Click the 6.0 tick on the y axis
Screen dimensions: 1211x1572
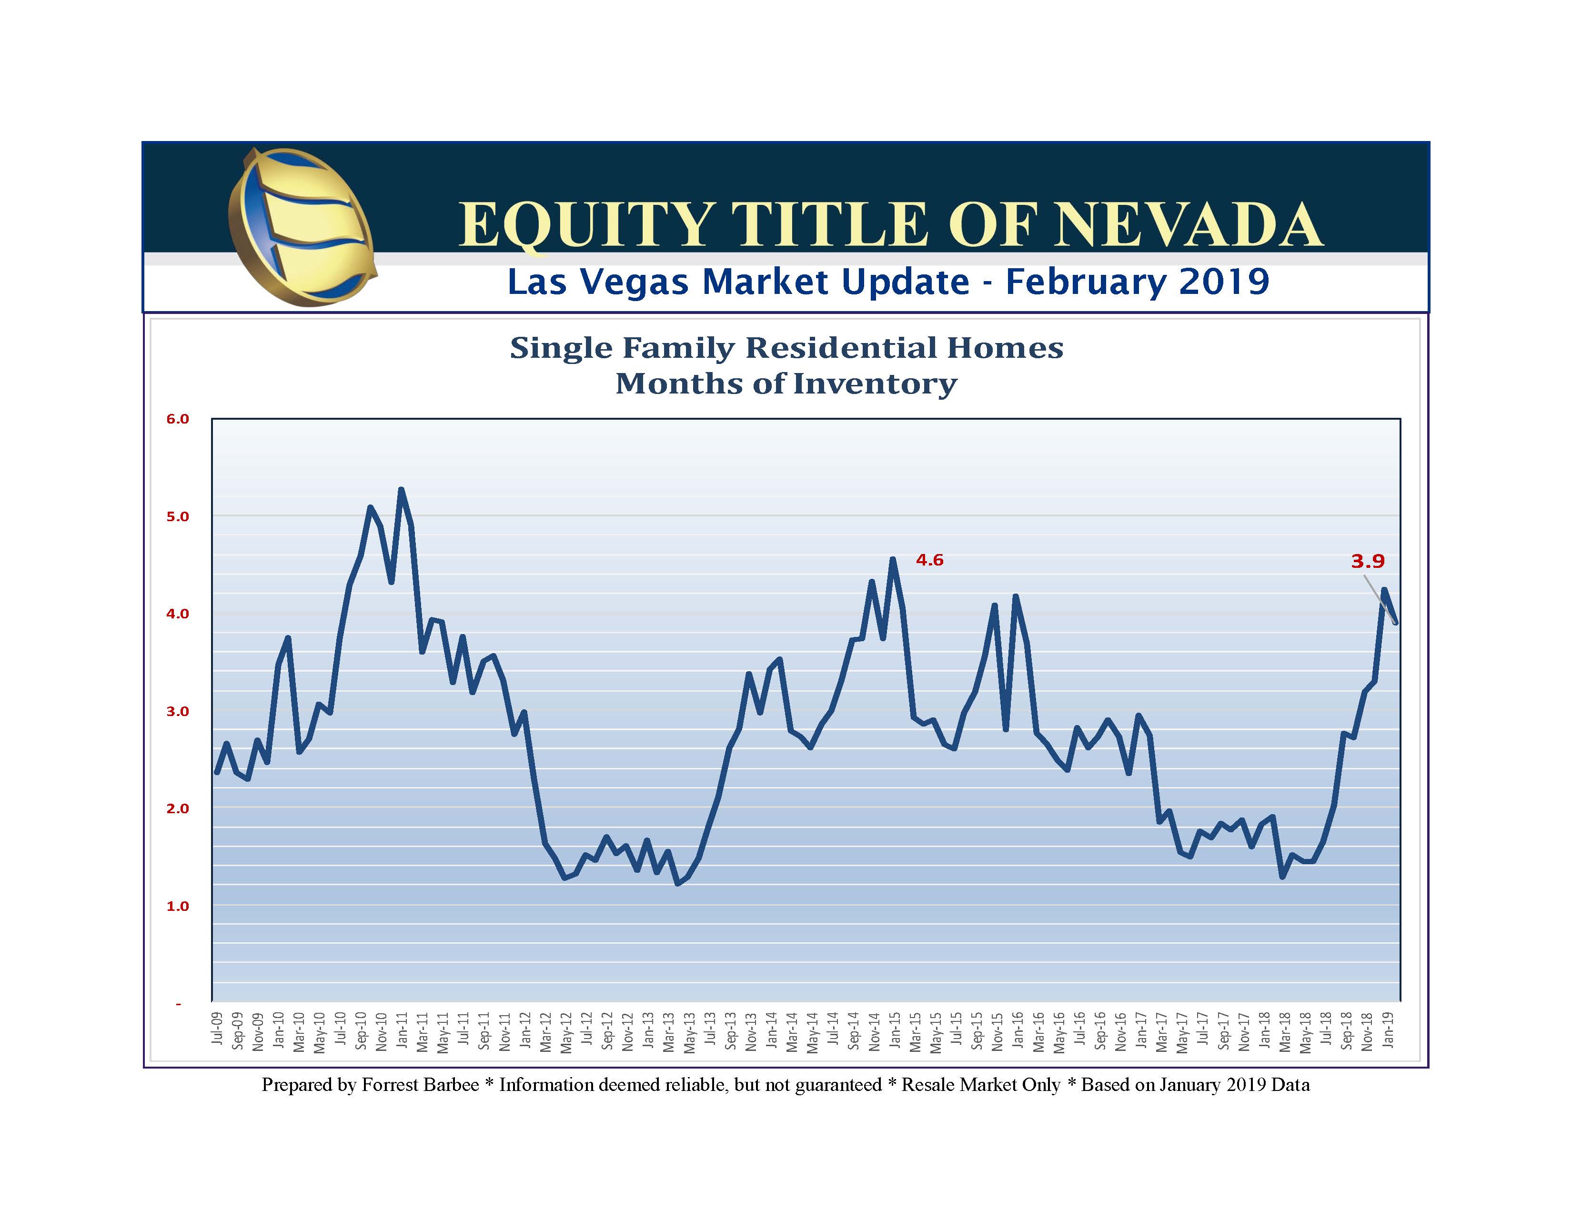[178, 419]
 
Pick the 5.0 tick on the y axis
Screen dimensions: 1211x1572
[178, 517]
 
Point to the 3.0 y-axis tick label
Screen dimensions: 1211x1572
[178, 711]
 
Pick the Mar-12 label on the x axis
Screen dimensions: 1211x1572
[547, 1032]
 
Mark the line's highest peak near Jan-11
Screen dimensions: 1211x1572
[401, 490]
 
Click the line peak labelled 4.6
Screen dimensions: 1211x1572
[893, 559]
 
